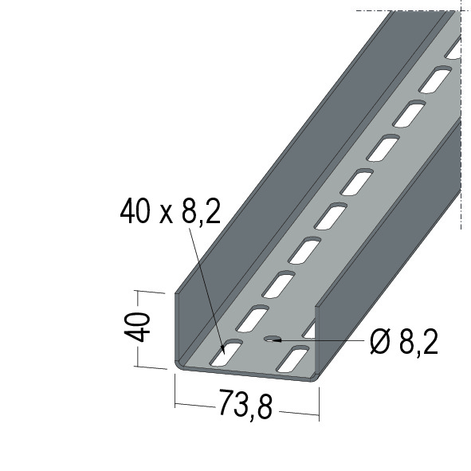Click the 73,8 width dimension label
[245, 405]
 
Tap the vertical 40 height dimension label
[137, 327]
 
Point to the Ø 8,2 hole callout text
[404, 342]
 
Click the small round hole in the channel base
[272, 339]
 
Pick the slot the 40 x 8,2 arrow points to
[226, 352]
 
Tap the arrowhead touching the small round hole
[277, 340]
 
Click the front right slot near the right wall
[292, 359]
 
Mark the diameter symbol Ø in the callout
[380, 342]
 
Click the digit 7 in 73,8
[226, 402]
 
